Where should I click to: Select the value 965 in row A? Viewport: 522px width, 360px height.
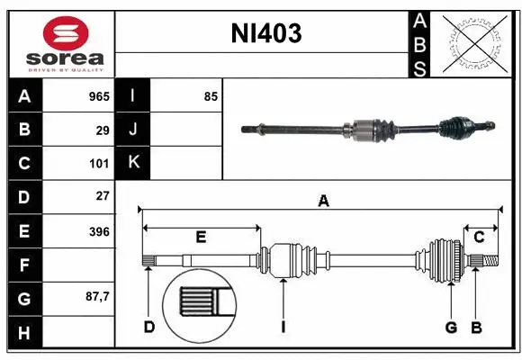[x=98, y=95]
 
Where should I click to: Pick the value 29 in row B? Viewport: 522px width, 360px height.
[x=103, y=130]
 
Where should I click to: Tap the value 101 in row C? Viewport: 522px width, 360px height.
[x=99, y=164]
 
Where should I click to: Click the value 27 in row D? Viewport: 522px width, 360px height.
[x=103, y=195]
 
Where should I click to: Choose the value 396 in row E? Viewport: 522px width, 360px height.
[x=99, y=231]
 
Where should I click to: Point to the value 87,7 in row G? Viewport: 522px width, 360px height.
[x=96, y=296]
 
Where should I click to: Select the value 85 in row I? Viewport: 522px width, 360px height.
[x=211, y=95]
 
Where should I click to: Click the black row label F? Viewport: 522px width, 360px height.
[x=24, y=265]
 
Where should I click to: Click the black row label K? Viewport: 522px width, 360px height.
[x=133, y=163]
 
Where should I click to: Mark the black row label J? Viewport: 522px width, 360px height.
[x=133, y=130]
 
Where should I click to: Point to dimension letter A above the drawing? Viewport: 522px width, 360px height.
[x=323, y=202]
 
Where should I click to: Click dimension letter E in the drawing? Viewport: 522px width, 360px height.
[x=201, y=237]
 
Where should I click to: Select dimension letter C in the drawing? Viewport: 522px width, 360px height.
[x=479, y=237]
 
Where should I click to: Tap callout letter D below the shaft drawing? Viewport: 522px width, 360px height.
[x=149, y=327]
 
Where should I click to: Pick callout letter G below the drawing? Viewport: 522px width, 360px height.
[x=451, y=327]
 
